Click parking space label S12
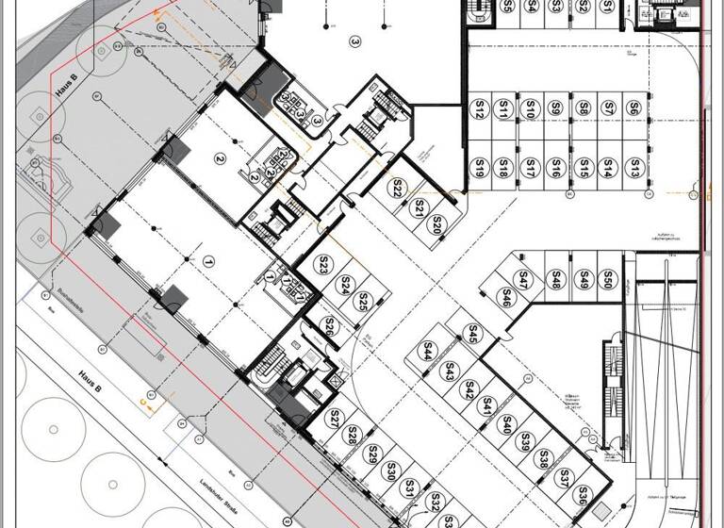click(479, 112)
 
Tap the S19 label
click(479, 170)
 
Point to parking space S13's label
click(635, 169)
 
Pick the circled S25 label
click(362, 303)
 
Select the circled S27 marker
click(333, 418)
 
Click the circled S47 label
click(524, 278)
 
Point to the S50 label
click(609, 279)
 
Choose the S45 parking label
click(473, 333)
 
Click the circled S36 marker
click(584, 494)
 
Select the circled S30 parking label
click(390, 471)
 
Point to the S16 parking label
click(556, 170)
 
